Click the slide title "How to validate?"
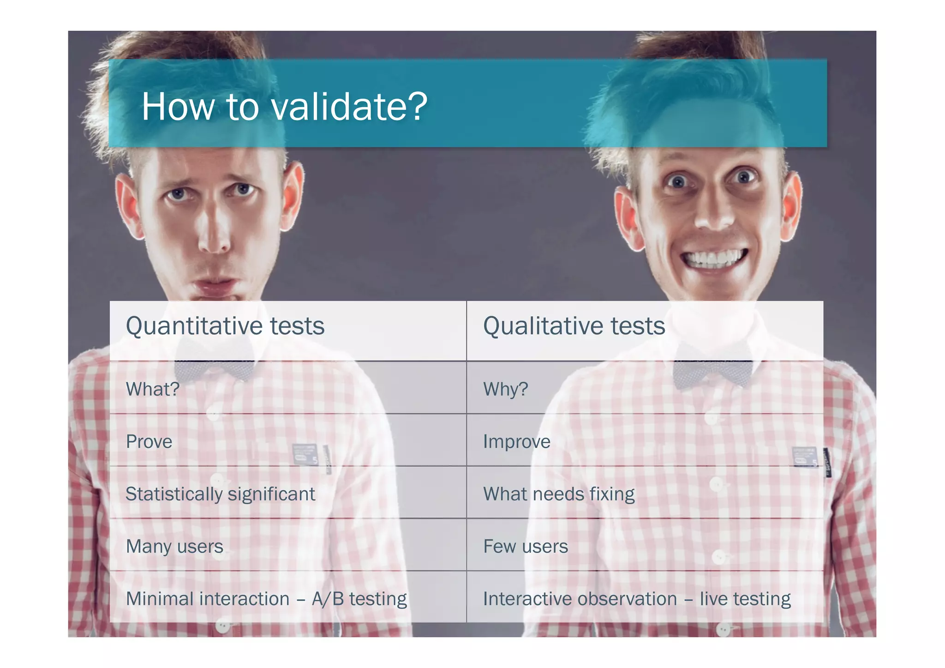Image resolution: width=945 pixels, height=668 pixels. [x=284, y=107]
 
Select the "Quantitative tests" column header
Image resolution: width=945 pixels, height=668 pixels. [x=225, y=326]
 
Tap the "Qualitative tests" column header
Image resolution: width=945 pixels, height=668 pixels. [x=574, y=326]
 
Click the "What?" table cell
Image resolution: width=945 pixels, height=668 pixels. [x=153, y=389]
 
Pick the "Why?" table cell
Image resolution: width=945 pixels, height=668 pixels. [x=505, y=389]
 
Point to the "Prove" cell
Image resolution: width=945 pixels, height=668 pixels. [x=149, y=442]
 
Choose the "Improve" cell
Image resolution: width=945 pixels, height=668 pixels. [x=516, y=442]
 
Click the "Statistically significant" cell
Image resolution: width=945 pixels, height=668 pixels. [x=220, y=494]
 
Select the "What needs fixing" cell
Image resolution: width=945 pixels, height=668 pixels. [x=558, y=494]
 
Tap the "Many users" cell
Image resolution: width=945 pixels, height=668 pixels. [x=174, y=547]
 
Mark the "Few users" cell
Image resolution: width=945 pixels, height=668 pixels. [x=525, y=547]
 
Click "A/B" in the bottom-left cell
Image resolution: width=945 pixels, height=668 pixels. [x=328, y=599]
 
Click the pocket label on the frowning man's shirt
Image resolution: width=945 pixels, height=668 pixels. [x=305, y=454]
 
